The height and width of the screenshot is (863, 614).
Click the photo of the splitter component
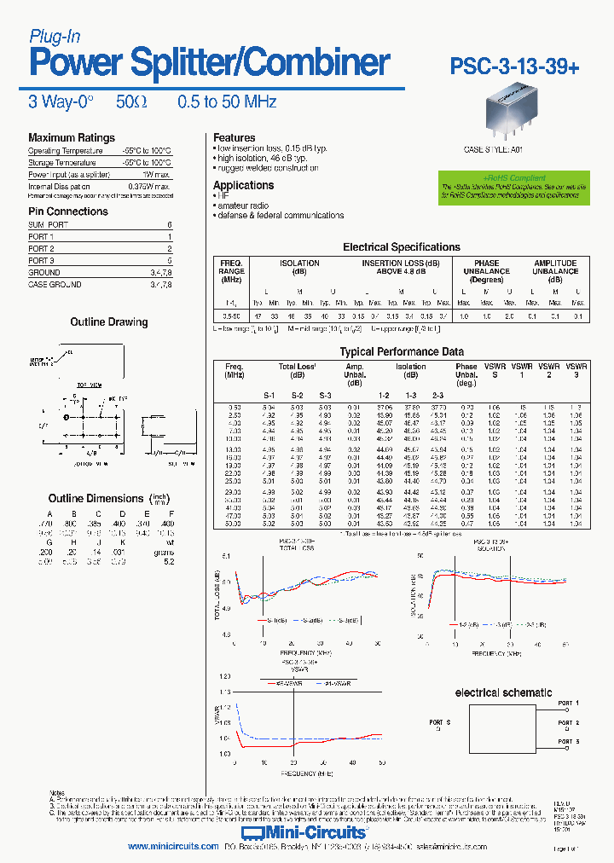tap(513, 115)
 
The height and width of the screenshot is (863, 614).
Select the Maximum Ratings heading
tap(71, 138)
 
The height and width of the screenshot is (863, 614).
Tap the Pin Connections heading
tap(68, 211)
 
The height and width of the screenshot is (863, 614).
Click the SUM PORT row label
tap(49, 224)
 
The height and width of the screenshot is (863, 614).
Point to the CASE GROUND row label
tap(55, 285)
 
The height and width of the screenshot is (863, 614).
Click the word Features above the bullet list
tap(234, 137)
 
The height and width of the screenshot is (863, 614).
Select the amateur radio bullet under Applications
tap(242, 206)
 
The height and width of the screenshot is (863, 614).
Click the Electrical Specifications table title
tap(401, 247)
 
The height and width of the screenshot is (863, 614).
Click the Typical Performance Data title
tap(402, 351)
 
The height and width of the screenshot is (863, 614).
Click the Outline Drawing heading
tap(108, 322)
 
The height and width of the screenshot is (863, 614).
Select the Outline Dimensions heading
tap(96, 499)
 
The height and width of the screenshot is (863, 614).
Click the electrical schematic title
tap(502, 693)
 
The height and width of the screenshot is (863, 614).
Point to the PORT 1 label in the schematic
tap(568, 703)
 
